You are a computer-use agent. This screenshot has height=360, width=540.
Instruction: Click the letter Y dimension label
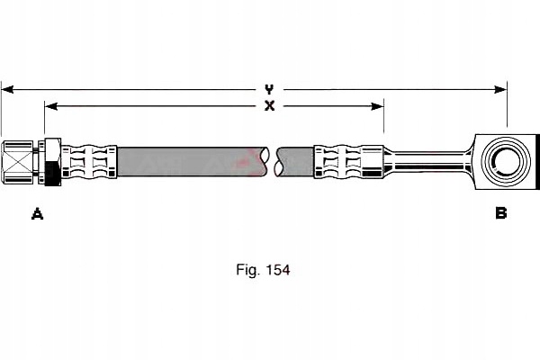pyautogui.click(x=269, y=89)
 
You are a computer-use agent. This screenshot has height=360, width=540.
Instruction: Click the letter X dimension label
pyautogui.click(x=269, y=106)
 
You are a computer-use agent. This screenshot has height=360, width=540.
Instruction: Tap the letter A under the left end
pyautogui.click(x=37, y=213)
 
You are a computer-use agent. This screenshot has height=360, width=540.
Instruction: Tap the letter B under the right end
pyautogui.click(x=500, y=213)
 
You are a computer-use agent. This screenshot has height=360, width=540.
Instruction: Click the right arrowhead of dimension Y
pyautogui.click(x=502, y=89)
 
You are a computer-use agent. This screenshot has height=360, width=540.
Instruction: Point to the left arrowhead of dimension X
pyautogui.click(x=49, y=106)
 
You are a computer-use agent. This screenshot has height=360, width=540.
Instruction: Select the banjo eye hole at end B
pyautogui.click(x=500, y=161)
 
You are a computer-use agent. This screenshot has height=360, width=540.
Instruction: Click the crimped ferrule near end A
pyautogui.click(x=89, y=161)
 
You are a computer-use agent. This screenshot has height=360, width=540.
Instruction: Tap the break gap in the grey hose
pyautogui.click(x=274, y=161)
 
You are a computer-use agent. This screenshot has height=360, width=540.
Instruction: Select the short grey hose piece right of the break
pyautogui.click(x=298, y=161)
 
